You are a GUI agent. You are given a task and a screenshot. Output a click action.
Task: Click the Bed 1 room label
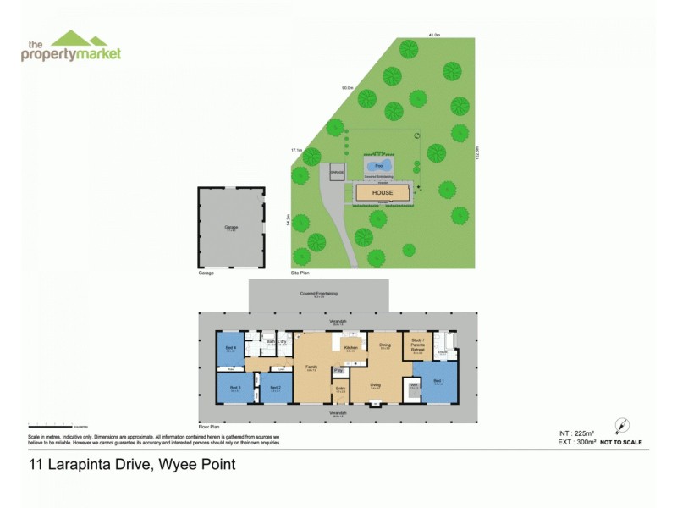point(438,381)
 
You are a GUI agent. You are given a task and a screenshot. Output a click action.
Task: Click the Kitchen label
point(350,348)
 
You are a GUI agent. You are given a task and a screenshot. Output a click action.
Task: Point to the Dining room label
point(385,345)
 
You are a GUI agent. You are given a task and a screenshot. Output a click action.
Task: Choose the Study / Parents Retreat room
point(416,345)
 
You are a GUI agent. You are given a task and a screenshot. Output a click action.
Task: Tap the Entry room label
point(340,389)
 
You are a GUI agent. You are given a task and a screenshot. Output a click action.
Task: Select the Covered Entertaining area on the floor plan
point(318,294)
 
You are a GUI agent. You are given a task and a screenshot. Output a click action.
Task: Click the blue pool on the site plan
point(379,165)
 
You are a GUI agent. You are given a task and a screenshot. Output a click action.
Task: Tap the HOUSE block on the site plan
point(383,193)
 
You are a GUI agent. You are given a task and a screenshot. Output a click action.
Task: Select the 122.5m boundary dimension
point(477,152)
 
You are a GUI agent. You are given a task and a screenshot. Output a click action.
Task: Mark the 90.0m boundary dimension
point(347,87)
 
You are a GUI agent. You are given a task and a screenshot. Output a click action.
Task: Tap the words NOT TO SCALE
point(621,442)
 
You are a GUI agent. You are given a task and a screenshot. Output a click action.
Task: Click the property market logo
point(71,46)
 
